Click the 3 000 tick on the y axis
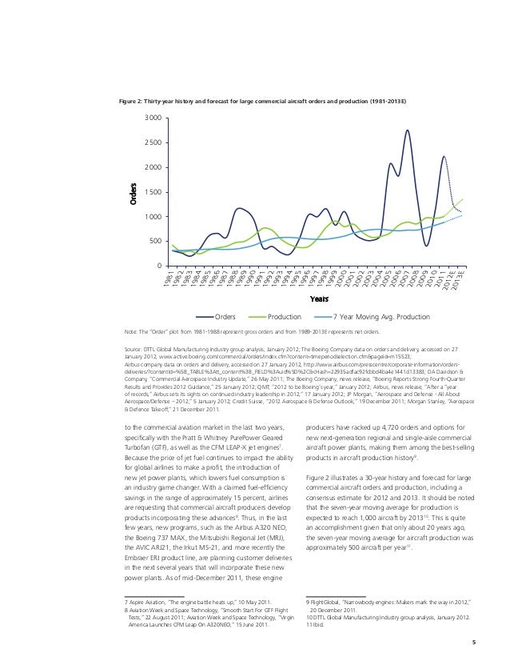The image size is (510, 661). [x=153, y=118]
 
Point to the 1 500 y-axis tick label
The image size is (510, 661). [x=153, y=192]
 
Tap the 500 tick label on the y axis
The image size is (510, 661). [x=156, y=241]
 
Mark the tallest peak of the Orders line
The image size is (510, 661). [x=407, y=130]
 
